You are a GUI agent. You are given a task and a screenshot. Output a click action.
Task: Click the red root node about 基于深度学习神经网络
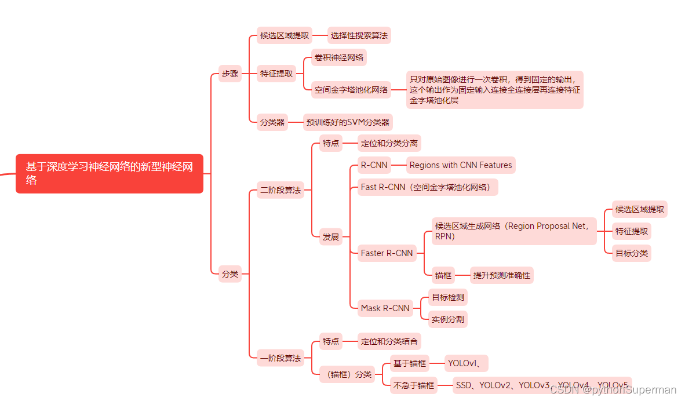pyautogui.click(x=110, y=173)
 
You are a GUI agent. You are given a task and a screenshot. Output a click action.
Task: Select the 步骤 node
pyautogui.click(x=230, y=74)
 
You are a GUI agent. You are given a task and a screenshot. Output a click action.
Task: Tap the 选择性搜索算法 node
pyautogui.click(x=359, y=35)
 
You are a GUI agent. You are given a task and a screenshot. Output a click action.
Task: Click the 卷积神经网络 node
pyautogui.click(x=339, y=57)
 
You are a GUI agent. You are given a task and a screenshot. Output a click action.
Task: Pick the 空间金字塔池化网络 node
pyautogui.click(x=351, y=90)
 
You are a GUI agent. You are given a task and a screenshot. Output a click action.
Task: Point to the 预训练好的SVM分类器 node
pyautogui.click(x=348, y=122)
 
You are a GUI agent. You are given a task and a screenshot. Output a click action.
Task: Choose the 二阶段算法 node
pyautogui.click(x=280, y=189)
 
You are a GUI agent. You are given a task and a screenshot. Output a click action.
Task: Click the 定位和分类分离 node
pyautogui.click(x=389, y=143)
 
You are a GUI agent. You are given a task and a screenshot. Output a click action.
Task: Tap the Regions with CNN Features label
pyautogui.click(x=461, y=165)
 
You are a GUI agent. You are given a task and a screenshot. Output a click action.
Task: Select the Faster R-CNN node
pyautogui.click(x=387, y=253)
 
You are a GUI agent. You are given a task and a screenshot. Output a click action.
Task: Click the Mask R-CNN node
pyautogui.click(x=385, y=308)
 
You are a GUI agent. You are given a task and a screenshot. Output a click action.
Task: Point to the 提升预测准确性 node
pyautogui.click(x=501, y=275)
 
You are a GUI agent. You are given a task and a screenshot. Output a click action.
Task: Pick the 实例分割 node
pyautogui.click(x=447, y=319)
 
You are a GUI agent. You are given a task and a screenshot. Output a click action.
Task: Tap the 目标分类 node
pyautogui.click(x=632, y=253)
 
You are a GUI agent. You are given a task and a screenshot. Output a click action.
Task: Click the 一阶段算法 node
pyautogui.click(x=280, y=358)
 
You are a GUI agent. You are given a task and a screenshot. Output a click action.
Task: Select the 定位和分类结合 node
pyautogui.click(x=389, y=341)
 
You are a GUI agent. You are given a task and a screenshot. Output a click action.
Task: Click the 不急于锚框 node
pyautogui.click(x=413, y=385)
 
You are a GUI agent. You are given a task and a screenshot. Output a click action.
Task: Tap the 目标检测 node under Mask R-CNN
pyautogui.click(x=447, y=297)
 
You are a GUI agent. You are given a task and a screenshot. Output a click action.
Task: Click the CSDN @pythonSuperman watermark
pyautogui.click(x=613, y=390)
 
